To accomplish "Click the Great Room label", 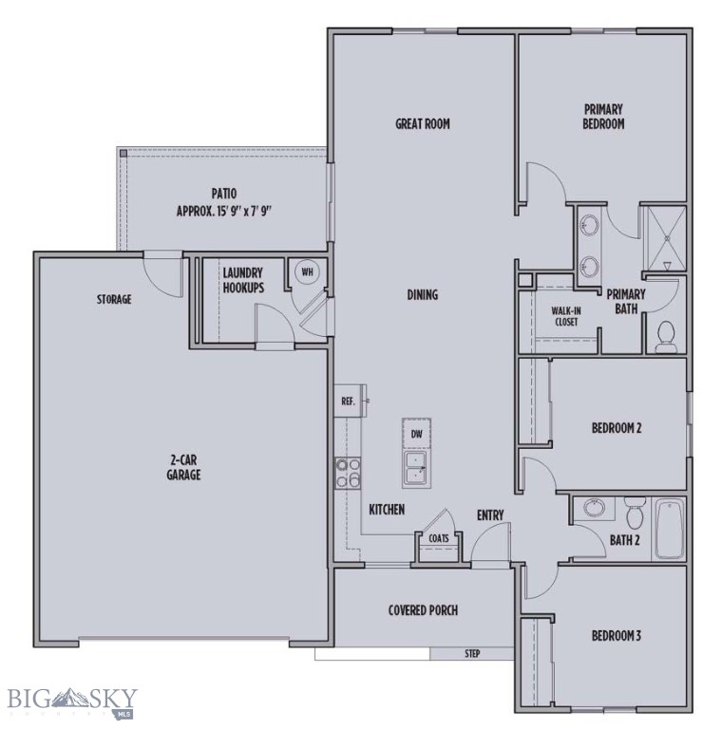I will tap(422, 123).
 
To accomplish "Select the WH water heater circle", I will tap(307, 271).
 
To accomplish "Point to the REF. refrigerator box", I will tap(348, 402).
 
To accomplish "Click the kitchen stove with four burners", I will tap(346, 472).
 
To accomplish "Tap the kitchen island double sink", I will tap(416, 467).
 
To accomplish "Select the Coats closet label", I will tap(438, 537).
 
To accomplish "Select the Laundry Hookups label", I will tap(243, 280).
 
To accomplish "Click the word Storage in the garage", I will tap(113, 300).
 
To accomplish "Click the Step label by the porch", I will tap(472, 654).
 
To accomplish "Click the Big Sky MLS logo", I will tap(72, 701).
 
